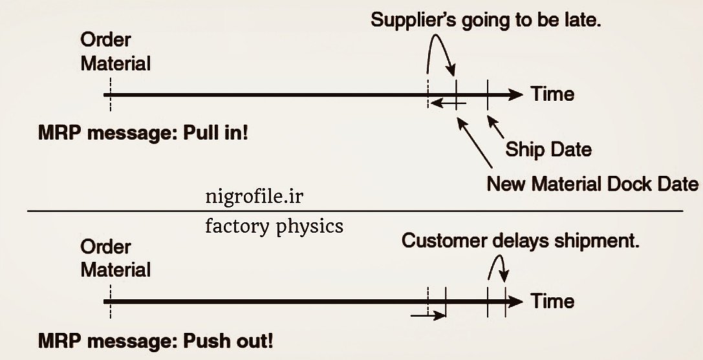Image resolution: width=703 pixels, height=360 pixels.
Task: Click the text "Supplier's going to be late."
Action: (x=486, y=20)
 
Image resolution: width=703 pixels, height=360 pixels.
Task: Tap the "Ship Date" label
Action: (x=548, y=150)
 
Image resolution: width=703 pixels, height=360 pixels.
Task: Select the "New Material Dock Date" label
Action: (x=592, y=185)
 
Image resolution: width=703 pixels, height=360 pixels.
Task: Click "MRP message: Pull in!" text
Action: (x=144, y=134)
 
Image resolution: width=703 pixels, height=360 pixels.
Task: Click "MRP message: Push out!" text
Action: (x=155, y=341)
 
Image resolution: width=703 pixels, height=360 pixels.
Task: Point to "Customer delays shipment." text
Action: (x=521, y=241)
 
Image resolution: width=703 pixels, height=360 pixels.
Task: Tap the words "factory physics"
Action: (x=274, y=227)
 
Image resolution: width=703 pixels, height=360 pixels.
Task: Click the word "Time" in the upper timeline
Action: (x=552, y=94)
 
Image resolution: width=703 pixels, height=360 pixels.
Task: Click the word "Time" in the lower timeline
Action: (x=552, y=301)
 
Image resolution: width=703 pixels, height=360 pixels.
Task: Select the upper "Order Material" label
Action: (x=115, y=52)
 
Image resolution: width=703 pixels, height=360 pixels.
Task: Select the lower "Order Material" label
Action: (x=115, y=259)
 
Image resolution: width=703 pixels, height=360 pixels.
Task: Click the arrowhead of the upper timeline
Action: (x=515, y=95)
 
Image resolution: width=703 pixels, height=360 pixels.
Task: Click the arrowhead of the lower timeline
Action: (x=515, y=302)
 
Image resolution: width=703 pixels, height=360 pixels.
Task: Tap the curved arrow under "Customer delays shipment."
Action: (x=498, y=264)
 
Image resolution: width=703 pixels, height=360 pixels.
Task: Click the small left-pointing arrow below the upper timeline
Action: (x=446, y=103)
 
